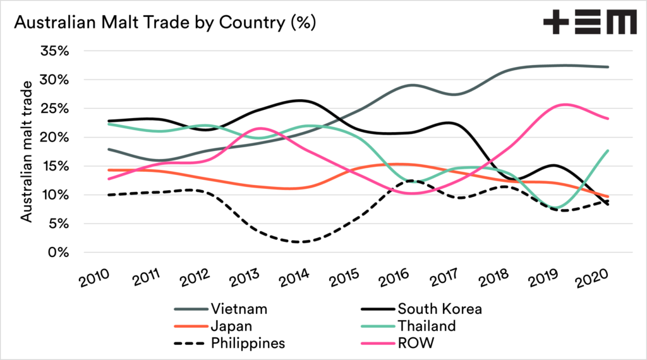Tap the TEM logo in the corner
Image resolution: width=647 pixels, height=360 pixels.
(589, 23)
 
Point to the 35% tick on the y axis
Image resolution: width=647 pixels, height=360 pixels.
(55, 51)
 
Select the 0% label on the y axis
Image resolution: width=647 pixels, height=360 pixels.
(59, 253)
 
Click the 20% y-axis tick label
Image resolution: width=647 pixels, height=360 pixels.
(55, 138)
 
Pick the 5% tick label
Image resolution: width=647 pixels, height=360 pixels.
(59, 224)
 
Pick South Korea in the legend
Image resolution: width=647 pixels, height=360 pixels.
(439, 309)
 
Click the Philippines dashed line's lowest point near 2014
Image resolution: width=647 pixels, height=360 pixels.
(300, 242)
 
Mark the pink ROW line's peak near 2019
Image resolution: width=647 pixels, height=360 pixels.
(565, 104)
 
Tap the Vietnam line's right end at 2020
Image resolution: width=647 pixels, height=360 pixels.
(608, 67)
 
